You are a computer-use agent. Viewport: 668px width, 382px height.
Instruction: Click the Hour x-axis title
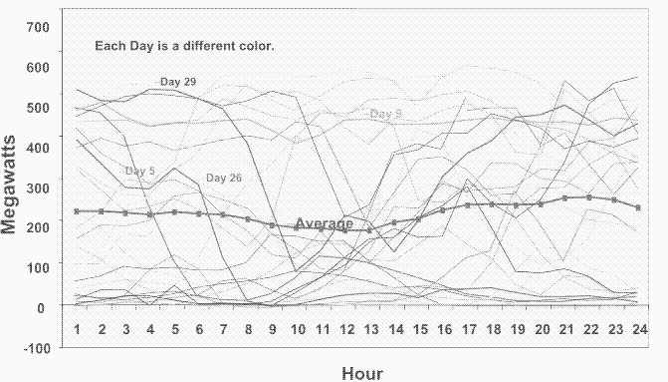pyautogui.click(x=361, y=373)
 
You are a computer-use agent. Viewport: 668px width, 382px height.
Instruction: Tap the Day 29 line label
pyautogui.click(x=178, y=81)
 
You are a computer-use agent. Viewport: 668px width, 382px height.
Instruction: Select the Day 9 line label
pyautogui.click(x=385, y=114)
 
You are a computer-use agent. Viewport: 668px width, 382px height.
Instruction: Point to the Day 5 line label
pyautogui.click(x=139, y=172)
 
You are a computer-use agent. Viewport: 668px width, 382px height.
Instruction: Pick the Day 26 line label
pyautogui.click(x=224, y=178)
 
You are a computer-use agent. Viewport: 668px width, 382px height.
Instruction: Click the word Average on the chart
pyautogui.click(x=324, y=223)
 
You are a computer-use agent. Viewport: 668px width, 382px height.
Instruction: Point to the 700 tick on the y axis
pyautogui.click(x=37, y=26)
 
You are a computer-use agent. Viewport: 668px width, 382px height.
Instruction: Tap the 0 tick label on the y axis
pyautogui.click(x=44, y=306)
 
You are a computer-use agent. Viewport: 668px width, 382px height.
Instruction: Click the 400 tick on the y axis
pyautogui.click(x=37, y=147)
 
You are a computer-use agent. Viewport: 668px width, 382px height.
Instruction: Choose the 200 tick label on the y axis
pyautogui.click(x=37, y=226)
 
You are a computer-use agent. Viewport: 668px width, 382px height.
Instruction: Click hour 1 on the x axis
pyautogui.click(x=77, y=328)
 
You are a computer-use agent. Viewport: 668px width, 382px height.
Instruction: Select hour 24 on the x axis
pyautogui.click(x=637, y=328)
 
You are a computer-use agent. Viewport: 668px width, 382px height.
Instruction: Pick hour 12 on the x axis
pyautogui.click(x=345, y=328)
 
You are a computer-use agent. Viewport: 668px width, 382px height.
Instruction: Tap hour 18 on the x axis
pyautogui.click(x=492, y=328)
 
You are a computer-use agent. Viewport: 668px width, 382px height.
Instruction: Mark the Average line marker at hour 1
pyautogui.click(x=77, y=211)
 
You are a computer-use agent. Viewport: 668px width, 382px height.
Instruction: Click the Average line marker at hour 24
pyautogui.click(x=637, y=207)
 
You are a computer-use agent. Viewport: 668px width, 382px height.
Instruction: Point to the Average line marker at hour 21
pyautogui.click(x=564, y=198)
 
